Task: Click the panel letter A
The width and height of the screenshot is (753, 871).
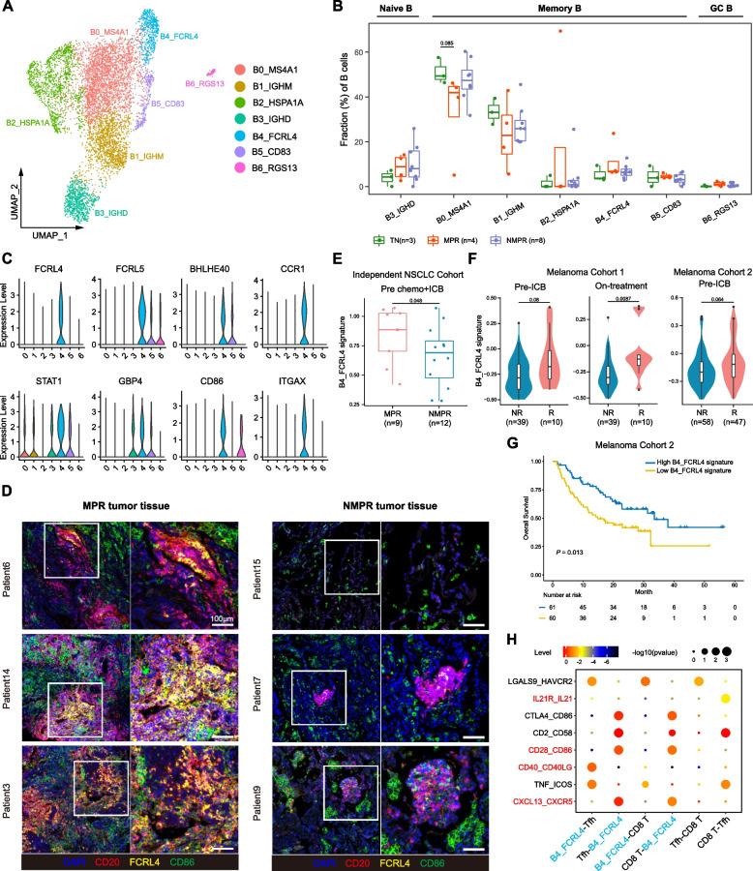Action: pyautogui.click(x=9, y=9)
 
